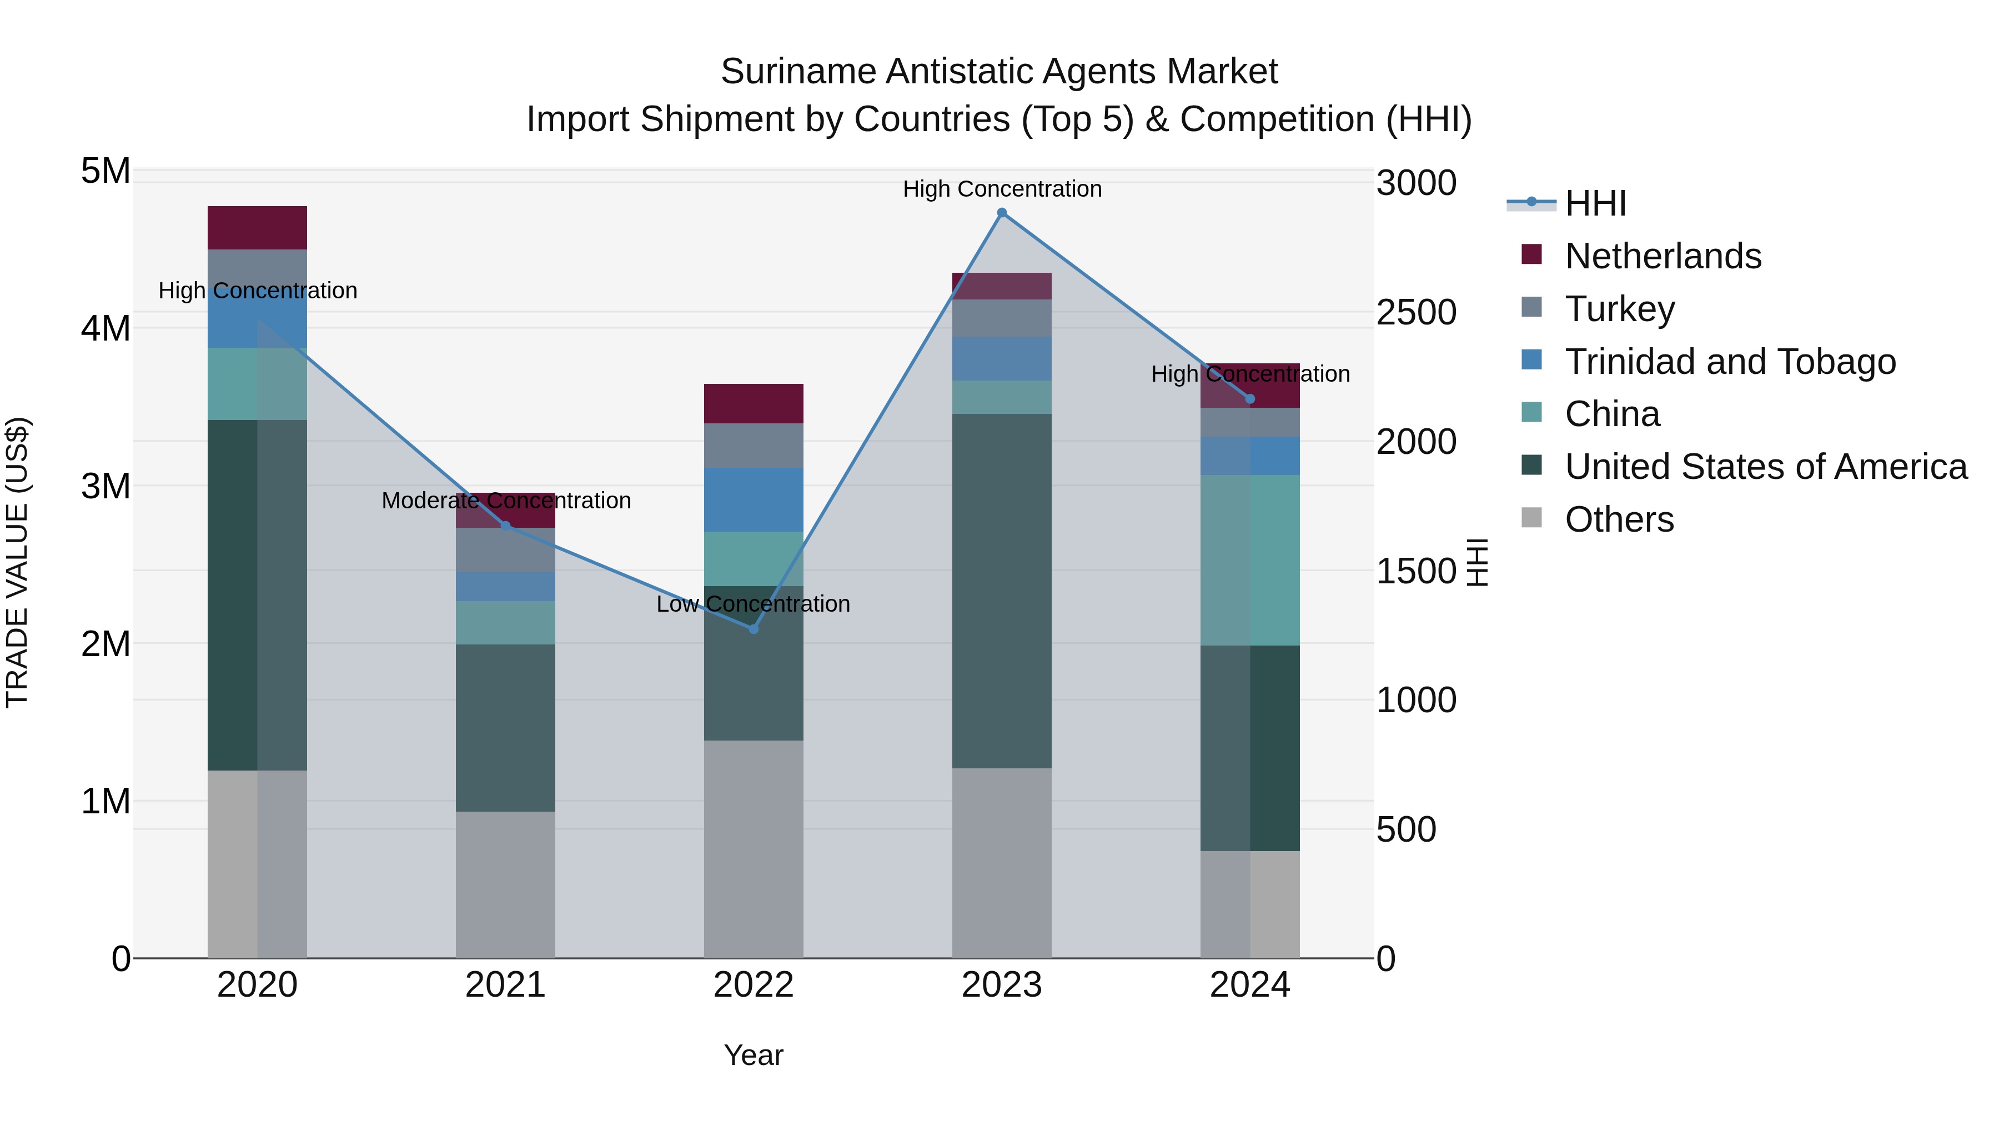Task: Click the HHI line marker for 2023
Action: point(1001,213)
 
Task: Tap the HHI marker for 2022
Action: point(753,629)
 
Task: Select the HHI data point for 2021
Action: point(505,526)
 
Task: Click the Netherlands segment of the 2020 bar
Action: point(257,227)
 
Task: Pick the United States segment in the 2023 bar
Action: point(1001,590)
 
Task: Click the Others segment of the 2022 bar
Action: point(753,848)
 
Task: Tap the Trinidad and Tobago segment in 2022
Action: point(753,499)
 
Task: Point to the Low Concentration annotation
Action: point(753,604)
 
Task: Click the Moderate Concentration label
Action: point(506,501)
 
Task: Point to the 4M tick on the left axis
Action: point(106,328)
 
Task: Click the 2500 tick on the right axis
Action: point(1416,313)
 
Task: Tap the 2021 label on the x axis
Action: point(505,985)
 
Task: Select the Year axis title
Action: point(753,1055)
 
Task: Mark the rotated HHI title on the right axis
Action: point(1476,562)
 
